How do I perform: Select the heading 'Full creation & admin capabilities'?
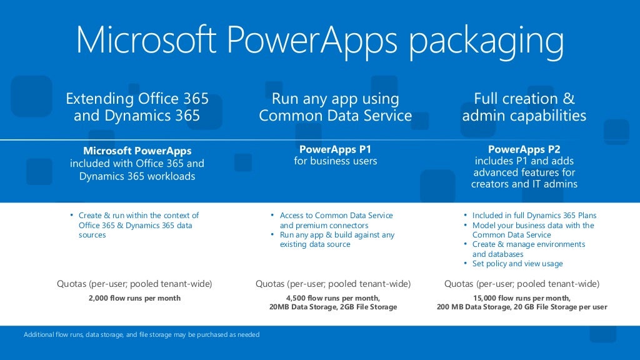pos(524,107)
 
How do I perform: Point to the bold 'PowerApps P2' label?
pos(524,149)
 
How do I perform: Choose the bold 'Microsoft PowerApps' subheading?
pos(137,151)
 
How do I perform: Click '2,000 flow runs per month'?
pos(135,298)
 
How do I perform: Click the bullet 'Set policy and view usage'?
pos(517,264)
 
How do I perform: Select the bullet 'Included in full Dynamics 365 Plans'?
pos(534,216)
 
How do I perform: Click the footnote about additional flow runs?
pos(141,335)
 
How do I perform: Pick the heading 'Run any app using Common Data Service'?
pos(335,107)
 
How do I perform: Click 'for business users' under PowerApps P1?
pos(335,161)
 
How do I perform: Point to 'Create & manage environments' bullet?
pos(529,244)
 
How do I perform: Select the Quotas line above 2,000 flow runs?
pos(135,284)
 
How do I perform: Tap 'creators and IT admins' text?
pos(524,184)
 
